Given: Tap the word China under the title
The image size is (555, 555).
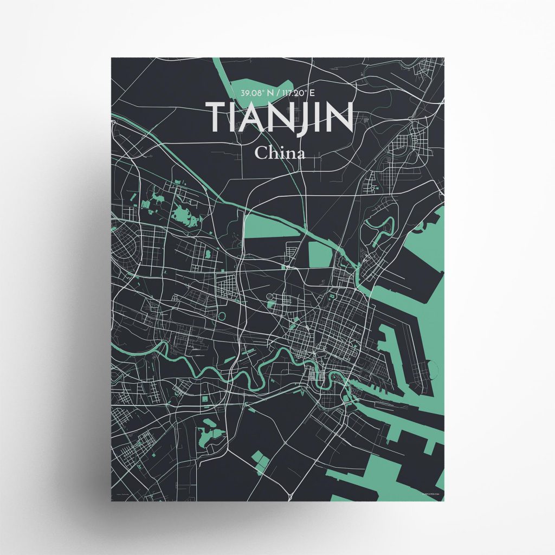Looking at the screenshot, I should [280, 153].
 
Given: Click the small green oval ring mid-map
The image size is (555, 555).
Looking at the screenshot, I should [221, 314].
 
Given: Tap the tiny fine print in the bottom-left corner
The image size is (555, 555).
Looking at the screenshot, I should [126, 494].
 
